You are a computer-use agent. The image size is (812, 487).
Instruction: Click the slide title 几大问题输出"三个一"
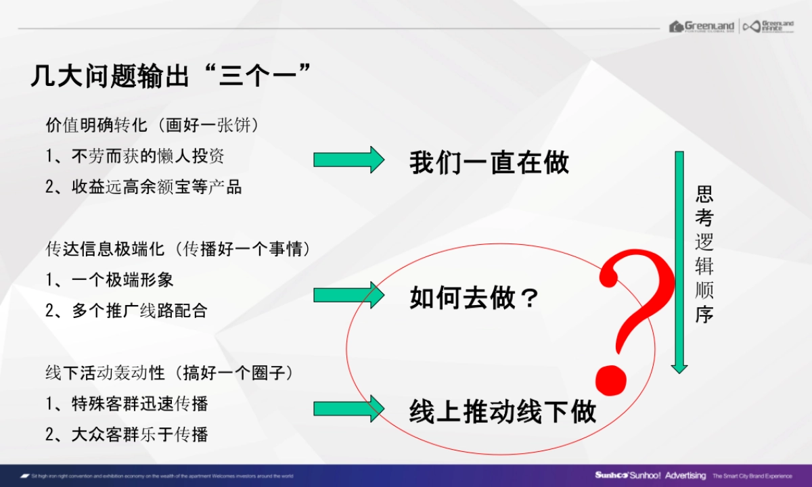coord(171,75)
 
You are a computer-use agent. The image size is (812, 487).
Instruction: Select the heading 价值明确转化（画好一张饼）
coord(153,126)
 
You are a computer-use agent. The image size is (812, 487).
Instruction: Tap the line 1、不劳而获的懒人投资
coord(135,156)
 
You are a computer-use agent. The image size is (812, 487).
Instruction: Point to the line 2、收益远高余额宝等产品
coord(143,187)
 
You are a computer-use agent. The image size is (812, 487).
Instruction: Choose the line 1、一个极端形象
coord(110,279)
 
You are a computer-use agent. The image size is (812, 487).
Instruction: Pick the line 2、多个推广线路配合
coord(127,310)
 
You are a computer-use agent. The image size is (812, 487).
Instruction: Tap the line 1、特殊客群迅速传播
coord(127,404)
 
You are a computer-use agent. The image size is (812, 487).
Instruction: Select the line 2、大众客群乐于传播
coord(127,434)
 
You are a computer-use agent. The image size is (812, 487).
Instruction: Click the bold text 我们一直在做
coord(489,163)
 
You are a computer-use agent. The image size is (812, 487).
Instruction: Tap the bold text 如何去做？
coord(474,298)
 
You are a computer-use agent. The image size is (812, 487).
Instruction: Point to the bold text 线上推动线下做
coord(503,412)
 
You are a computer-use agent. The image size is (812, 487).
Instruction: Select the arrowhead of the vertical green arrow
coord(679,368)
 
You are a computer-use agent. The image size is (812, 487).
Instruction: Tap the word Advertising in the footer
coord(685,476)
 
